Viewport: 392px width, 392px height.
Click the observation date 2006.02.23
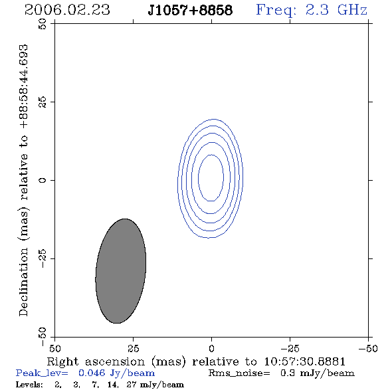(x=67, y=10)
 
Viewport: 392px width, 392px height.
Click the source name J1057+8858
(x=190, y=10)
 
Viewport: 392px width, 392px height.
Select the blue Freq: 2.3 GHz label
(x=312, y=10)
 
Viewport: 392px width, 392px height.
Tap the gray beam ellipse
(x=121, y=271)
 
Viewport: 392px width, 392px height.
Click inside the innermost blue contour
(x=211, y=177)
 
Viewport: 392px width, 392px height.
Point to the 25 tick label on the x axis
(x=133, y=349)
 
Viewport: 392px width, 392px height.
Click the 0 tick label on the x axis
(x=211, y=349)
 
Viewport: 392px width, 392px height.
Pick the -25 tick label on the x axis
(x=290, y=349)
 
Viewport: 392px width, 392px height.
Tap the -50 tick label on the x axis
(x=368, y=349)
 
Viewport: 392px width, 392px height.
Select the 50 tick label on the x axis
(x=54, y=349)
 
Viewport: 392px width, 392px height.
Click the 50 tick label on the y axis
(x=43, y=24)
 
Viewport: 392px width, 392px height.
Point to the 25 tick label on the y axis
(x=43, y=102)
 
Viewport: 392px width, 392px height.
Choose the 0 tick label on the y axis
(x=43, y=180)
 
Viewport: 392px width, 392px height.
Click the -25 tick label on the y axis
(x=43, y=258)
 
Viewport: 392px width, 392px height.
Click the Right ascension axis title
(x=196, y=361)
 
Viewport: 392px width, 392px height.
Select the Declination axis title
(x=23, y=180)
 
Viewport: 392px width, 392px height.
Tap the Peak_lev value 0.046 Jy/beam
(x=116, y=373)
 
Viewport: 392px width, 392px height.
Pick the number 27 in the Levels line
(x=132, y=385)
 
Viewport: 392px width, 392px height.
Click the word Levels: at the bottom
(x=29, y=385)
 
